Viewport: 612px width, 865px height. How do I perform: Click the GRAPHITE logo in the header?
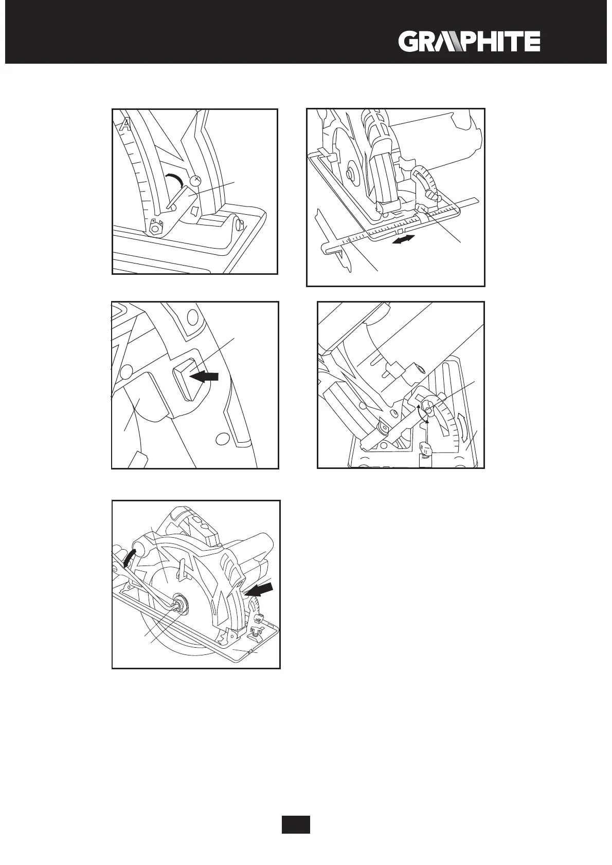[469, 42]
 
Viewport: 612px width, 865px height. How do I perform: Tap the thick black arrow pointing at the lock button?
[204, 377]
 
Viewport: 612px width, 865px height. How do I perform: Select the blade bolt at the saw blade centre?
[180, 606]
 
